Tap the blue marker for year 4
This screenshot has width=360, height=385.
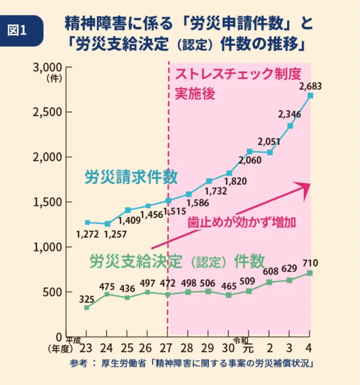tap(310, 95)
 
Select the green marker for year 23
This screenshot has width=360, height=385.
tap(87, 308)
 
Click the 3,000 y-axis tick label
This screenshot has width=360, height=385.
tap(47, 68)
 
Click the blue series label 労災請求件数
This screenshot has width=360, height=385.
tap(130, 177)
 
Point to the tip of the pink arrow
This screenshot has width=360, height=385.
tap(310, 183)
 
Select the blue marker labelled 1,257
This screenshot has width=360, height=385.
tap(107, 224)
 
